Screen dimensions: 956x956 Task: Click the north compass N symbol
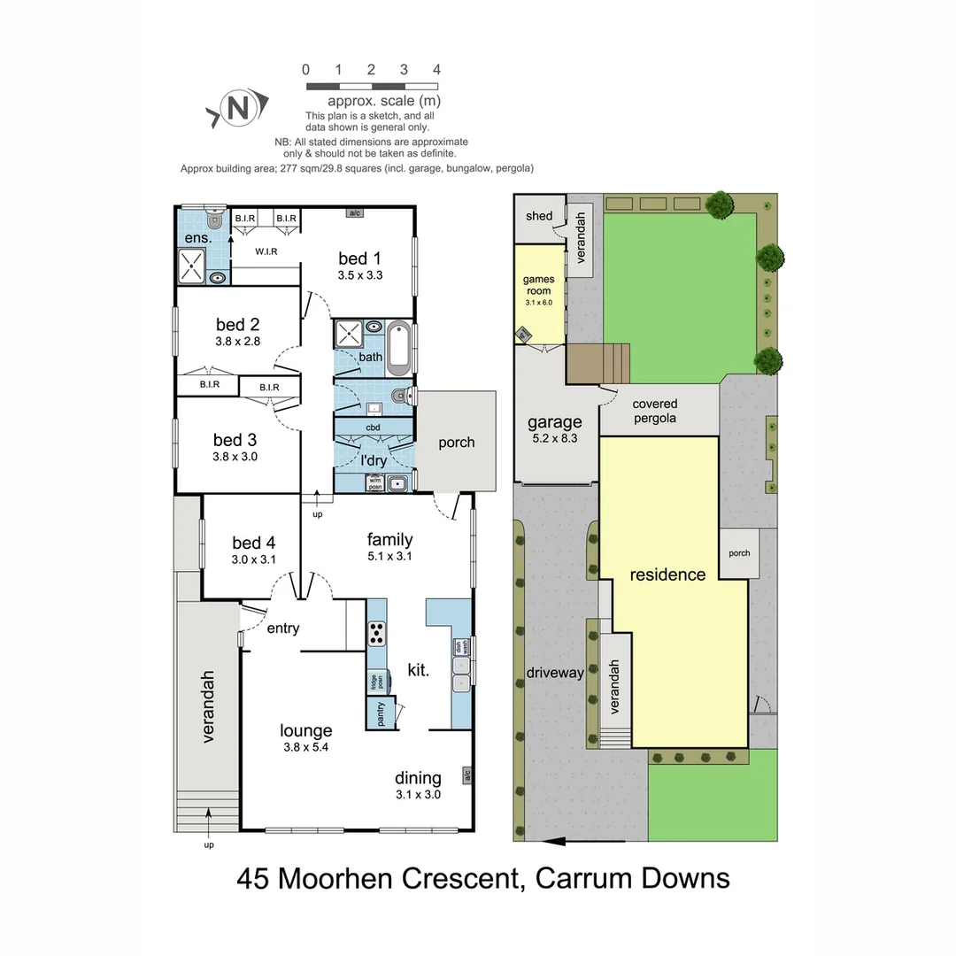[237, 108]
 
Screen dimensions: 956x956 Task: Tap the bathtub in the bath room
[398, 345]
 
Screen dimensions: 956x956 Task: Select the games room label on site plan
[538, 285]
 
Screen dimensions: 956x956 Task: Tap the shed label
[539, 216]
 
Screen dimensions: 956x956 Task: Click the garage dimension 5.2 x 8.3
[555, 437]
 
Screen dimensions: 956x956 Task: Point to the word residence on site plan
[667, 574]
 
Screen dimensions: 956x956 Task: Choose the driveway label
[555, 673]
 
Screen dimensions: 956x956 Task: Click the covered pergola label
[654, 412]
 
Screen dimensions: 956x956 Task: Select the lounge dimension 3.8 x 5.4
[306, 747]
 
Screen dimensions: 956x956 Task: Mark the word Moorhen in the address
[339, 878]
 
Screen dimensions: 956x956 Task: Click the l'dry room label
[373, 460]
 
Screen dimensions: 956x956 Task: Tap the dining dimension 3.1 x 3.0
[418, 794]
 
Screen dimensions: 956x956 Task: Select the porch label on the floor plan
[457, 443]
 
